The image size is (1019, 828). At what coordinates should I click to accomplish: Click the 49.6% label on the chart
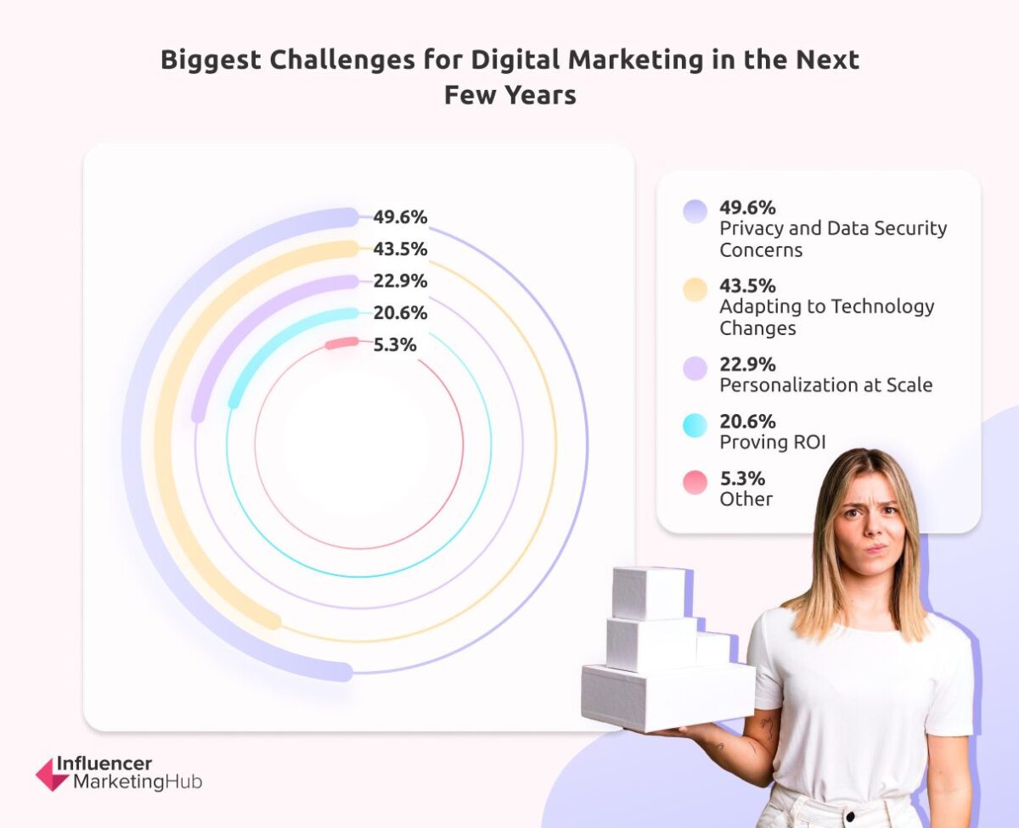pos(400,217)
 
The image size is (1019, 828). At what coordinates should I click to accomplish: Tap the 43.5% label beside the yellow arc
pos(400,249)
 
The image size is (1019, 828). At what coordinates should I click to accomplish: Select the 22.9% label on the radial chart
pos(400,281)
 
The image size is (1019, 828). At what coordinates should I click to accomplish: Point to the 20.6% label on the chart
pos(400,313)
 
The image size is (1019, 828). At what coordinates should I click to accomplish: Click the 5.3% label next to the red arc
pos(395,345)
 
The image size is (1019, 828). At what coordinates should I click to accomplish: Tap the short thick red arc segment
pos(343,344)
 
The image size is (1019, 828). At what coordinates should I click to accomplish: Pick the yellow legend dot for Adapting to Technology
pos(695,289)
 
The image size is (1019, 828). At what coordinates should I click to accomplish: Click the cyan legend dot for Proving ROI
pos(695,426)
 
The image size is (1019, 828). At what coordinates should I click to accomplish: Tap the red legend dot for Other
pos(695,483)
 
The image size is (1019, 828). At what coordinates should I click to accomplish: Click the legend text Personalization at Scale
pos(825,385)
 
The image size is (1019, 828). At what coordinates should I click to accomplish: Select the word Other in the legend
pos(746,499)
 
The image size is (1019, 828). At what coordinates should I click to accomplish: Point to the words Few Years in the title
pos(509,95)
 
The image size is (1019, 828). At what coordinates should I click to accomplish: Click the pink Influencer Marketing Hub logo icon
pos(52,774)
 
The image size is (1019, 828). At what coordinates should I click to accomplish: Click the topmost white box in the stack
pos(649,592)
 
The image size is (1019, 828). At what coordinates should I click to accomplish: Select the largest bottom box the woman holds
pos(667,696)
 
